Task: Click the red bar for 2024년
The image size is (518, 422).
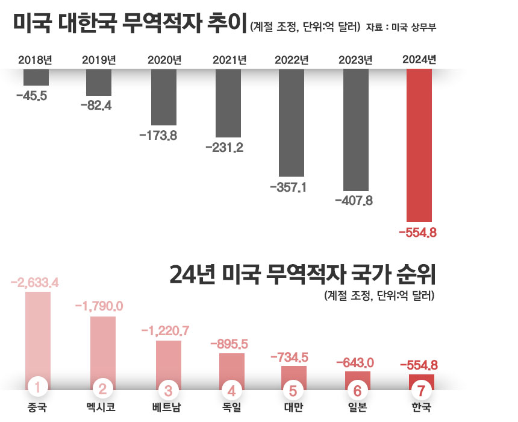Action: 420,145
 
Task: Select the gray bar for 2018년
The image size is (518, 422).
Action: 36,77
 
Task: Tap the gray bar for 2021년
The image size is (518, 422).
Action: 228,102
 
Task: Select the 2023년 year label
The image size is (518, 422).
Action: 355,60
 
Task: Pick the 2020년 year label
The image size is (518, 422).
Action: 164,60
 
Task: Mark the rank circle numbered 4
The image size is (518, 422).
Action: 232,388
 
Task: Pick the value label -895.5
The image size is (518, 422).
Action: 229,344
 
